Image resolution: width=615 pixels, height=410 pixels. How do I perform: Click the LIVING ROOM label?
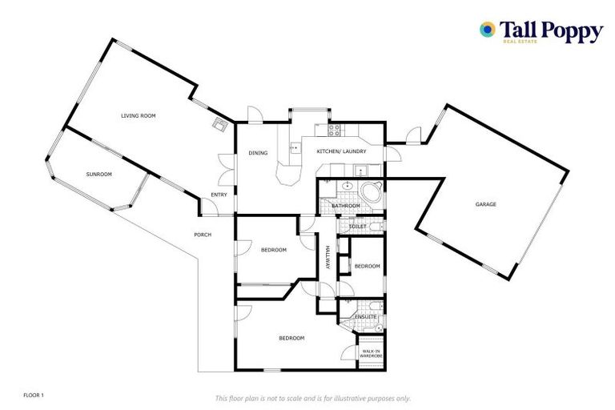138,116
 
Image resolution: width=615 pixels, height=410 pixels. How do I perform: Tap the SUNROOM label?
98,174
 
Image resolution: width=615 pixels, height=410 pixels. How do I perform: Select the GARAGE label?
485,204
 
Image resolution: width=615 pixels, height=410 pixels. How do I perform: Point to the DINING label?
257,153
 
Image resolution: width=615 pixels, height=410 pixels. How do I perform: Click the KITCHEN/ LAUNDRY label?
341,151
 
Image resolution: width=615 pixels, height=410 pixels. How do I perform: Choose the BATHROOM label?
346,206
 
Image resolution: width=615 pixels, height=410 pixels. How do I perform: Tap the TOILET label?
358,227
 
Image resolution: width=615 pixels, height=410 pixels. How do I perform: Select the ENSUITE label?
364,318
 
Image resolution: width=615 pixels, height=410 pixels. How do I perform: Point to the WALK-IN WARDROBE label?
371,353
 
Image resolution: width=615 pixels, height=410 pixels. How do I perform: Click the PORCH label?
203,235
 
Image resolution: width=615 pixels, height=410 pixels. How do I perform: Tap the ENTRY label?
218,195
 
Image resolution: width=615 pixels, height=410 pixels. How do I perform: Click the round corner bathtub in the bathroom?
371,193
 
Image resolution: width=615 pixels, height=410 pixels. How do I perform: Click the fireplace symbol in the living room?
219,123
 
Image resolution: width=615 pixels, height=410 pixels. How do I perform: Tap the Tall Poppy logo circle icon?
486,30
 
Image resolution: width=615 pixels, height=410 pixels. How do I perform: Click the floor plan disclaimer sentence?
312,398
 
